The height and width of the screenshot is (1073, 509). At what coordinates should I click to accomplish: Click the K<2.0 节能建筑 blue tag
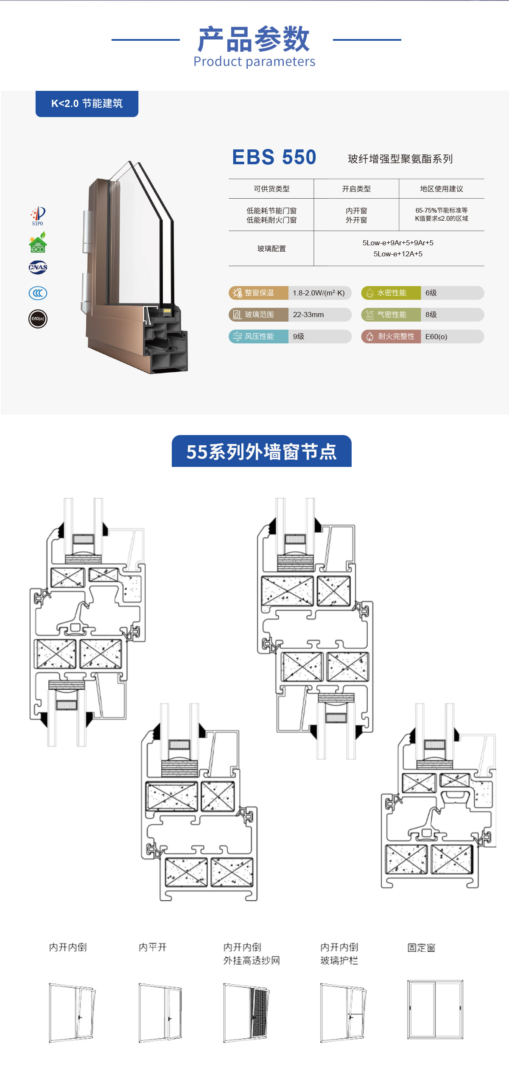[x=87, y=104]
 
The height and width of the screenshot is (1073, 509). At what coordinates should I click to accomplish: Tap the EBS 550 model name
[x=274, y=157]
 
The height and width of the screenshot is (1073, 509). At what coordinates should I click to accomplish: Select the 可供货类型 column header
[x=271, y=189]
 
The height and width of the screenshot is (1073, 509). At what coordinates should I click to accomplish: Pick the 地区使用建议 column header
[x=442, y=189]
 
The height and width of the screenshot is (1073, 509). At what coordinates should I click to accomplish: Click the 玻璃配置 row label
[x=271, y=249]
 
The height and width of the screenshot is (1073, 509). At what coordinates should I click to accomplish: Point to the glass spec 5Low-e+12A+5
[x=398, y=254]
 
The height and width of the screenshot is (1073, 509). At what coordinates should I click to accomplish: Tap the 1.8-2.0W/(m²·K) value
[x=319, y=293]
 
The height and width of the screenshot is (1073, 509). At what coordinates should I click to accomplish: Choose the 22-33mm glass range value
[x=308, y=315]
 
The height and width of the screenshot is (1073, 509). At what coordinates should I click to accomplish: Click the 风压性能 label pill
[x=259, y=337]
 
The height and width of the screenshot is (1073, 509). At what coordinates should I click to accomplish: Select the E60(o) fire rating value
[x=436, y=337]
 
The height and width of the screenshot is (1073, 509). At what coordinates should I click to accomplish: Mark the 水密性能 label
[x=391, y=293]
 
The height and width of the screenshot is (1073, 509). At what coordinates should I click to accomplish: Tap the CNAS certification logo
[x=38, y=267]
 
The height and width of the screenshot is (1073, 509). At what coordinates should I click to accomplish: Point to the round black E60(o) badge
[x=38, y=319]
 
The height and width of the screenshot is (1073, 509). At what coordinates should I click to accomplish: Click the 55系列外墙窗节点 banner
[x=261, y=451]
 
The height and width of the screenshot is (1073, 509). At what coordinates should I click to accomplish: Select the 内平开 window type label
[x=153, y=947]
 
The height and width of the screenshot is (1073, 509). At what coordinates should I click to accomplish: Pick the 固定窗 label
[x=421, y=947]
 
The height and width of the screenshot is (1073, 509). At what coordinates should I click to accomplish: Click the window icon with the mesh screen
[x=246, y=1012]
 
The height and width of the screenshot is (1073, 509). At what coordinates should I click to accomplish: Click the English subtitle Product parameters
[x=254, y=62]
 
